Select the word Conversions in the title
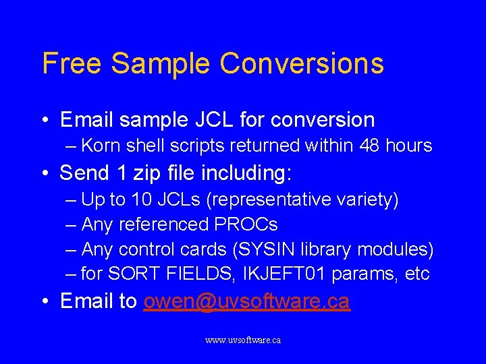tap(302, 63)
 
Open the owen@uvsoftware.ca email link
tap(246, 301)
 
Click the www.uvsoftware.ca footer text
tap(243, 340)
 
